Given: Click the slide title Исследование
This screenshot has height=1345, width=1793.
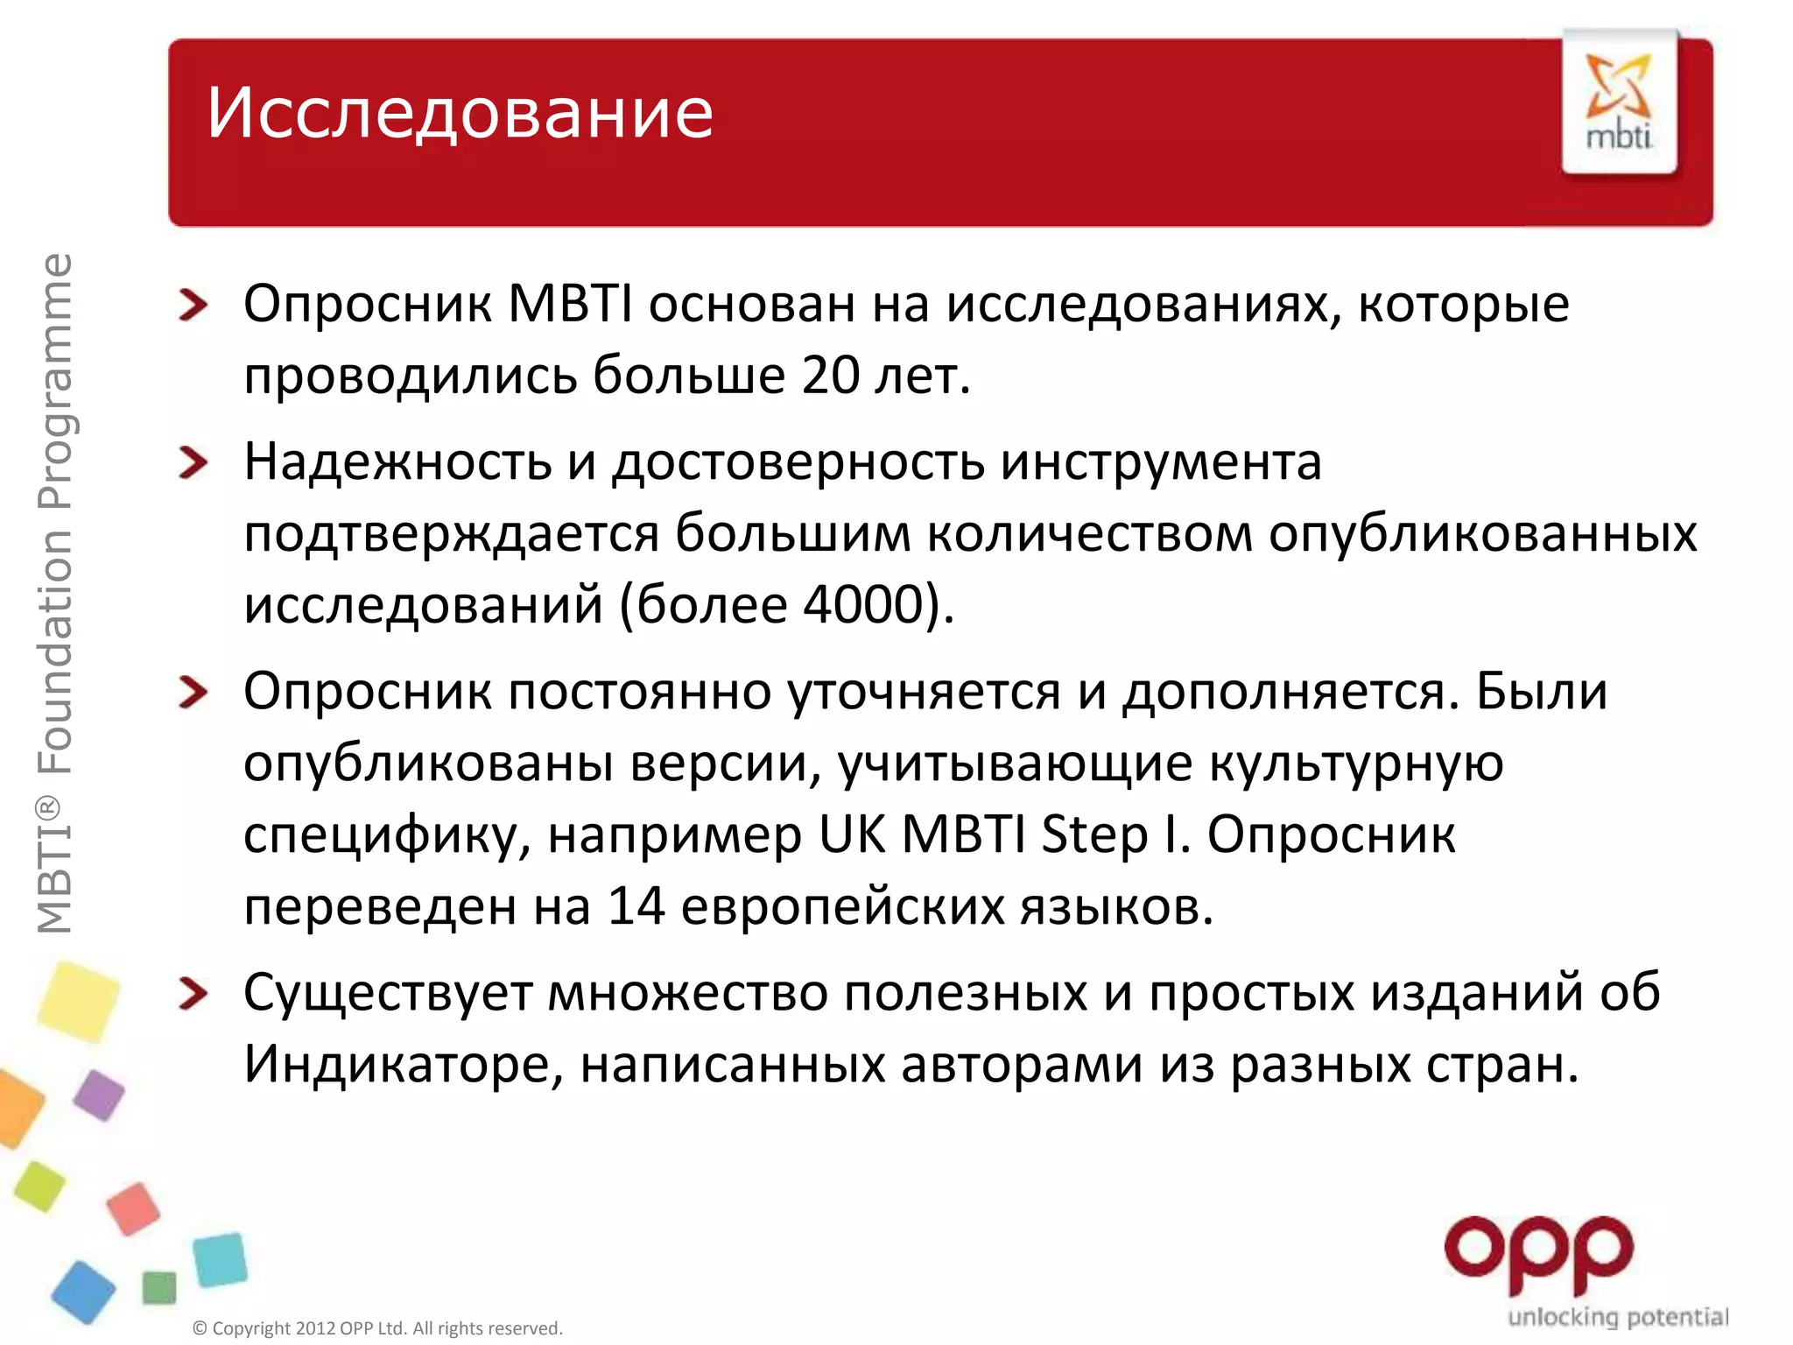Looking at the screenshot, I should pyautogui.click(x=460, y=114).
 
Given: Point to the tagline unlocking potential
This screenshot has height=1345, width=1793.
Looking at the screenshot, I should pyautogui.click(x=1618, y=1316).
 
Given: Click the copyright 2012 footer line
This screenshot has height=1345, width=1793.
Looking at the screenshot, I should pyautogui.click(x=377, y=1328).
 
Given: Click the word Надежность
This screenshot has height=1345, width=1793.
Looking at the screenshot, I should pyautogui.click(x=397, y=461).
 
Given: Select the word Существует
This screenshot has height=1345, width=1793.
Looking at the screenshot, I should pyautogui.click(x=388, y=993).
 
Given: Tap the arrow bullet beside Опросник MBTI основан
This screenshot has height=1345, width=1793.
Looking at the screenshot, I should pyautogui.click(x=193, y=305).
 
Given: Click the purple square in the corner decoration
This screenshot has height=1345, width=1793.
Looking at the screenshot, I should pyautogui.click(x=99, y=1095).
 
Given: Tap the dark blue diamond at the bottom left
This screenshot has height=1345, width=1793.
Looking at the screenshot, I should pyautogui.click(x=83, y=1291).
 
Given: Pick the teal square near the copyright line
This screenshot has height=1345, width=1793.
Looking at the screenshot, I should pyautogui.click(x=220, y=1260).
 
